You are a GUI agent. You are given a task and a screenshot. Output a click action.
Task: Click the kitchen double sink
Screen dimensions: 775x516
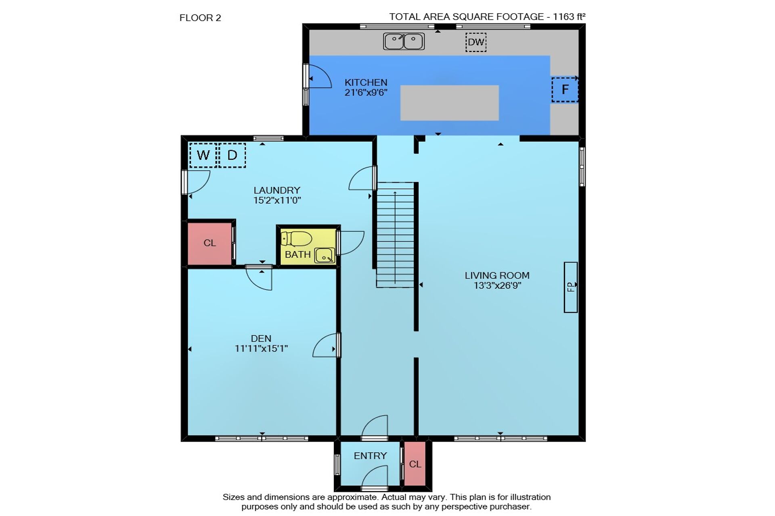pyautogui.click(x=404, y=41)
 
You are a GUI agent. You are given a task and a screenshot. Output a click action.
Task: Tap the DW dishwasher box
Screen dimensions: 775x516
pyautogui.click(x=476, y=42)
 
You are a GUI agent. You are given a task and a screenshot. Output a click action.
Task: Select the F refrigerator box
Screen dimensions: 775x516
pyautogui.click(x=565, y=89)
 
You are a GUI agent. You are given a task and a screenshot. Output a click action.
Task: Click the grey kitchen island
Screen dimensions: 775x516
pyautogui.click(x=449, y=103)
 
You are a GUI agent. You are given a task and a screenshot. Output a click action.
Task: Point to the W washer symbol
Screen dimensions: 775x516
pyautogui.click(x=203, y=155)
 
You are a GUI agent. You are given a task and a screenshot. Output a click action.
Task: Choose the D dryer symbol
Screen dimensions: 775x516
pyautogui.click(x=232, y=155)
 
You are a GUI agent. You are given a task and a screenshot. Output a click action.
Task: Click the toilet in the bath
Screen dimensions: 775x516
pyautogui.click(x=296, y=239)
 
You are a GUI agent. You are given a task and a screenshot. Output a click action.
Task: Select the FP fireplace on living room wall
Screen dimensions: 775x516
pyautogui.click(x=570, y=287)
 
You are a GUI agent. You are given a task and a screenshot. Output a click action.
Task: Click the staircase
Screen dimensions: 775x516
pyautogui.click(x=395, y=235)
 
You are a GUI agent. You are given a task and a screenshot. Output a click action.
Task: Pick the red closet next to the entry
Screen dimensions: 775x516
pyautogui.click(x=415, y=464)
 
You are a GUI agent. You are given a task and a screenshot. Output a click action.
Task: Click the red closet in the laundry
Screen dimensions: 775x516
pyautogui.click(x=209, y=243)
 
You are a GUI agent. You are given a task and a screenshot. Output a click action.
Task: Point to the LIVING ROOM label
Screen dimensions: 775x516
pyautogui.click(x=497, y=276)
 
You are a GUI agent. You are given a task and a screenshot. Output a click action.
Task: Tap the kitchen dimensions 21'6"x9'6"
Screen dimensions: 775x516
pyautogui.click(x=366, y=92)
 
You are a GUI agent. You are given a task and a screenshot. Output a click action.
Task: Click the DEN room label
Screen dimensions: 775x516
pyautogui.click(x=261, y=339)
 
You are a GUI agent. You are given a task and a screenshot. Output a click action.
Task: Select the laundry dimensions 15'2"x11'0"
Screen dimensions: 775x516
pyautogui.click(x=277, y=200)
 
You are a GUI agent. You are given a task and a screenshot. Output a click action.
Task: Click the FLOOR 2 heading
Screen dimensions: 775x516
pyautogui.click(x=200, y=18)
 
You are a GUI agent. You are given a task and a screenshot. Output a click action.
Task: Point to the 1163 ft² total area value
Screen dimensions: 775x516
pyautogui.click(x=569, y=17)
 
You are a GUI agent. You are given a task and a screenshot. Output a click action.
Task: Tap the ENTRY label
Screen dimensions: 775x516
pyautogui.click(x=370, y=456)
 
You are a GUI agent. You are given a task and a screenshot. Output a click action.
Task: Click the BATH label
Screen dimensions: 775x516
pyautogui.click(x=298, y=255)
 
